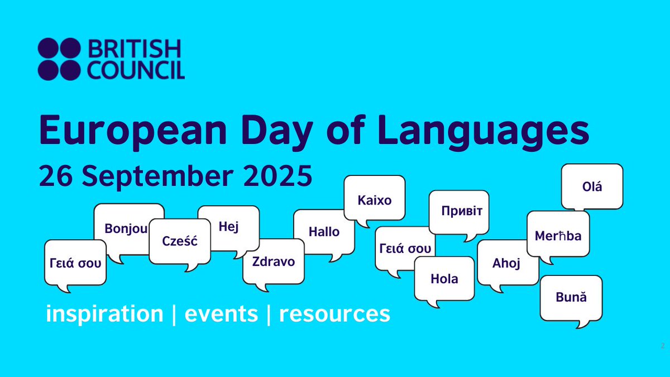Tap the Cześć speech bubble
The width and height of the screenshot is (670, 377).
point(179,241)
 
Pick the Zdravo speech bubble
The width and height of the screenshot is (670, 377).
point(274,261)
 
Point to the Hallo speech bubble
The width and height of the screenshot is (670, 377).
point(324,231)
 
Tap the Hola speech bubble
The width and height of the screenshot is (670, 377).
point(444,278)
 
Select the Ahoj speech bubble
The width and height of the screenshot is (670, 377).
point(506,264)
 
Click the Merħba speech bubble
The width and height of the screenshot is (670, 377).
point(558,236)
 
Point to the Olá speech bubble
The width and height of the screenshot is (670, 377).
point(592,187)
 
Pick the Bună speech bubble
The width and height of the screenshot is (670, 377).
point(571,297)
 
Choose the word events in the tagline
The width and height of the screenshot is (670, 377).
point(221,314)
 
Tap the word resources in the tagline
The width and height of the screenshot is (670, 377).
point(334,314)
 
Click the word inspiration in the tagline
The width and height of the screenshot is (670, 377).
point(104,314)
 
